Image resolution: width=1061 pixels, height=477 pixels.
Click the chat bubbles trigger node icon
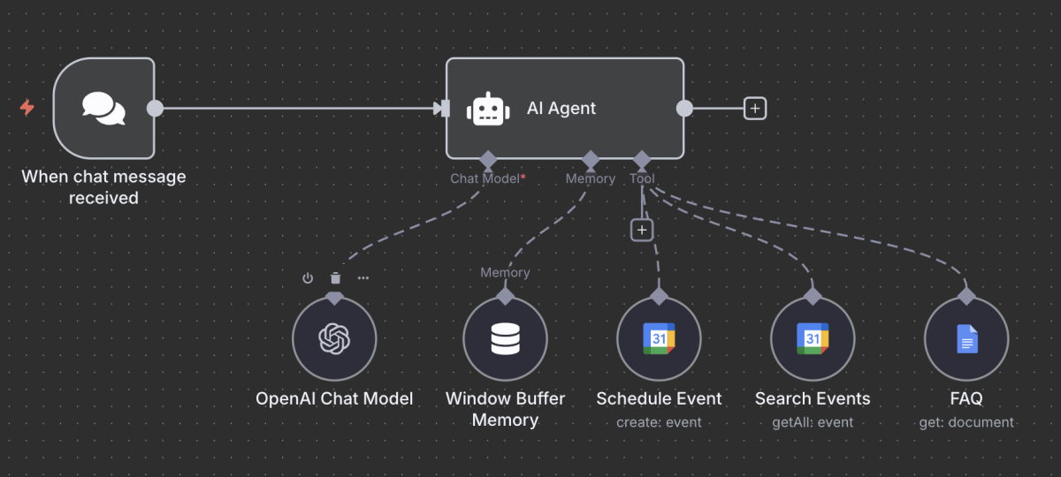coord(103,108)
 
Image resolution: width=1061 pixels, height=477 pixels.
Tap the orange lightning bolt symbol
coord(27,108)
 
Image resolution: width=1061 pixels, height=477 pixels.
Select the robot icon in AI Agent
coord(489,109)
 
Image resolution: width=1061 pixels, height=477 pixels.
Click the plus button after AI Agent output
coord(754,108)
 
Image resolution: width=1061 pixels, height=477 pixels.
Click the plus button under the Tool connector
coord(642,230)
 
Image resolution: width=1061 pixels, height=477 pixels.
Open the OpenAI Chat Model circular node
coord(334,338)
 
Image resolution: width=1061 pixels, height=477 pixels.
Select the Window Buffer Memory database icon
coord(505,338)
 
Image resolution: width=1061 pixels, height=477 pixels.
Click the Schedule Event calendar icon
coord(659,338)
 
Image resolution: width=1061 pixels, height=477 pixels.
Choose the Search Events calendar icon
coord(812,338)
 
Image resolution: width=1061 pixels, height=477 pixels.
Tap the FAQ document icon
coord(966,338)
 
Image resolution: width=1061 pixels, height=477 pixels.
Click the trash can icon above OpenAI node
coord(335,278)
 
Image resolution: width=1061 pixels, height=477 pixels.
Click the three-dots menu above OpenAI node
coord(363,278)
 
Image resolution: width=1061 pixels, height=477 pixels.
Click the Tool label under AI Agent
coord(642,178)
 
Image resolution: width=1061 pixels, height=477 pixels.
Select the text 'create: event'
coord(659,422)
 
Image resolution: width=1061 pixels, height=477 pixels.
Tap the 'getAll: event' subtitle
coord(812,422)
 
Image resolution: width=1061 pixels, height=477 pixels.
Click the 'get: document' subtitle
coord(966,422)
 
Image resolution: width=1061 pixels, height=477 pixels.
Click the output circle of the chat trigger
coord(155,108)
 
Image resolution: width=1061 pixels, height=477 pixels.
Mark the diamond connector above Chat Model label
coord(485,160)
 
